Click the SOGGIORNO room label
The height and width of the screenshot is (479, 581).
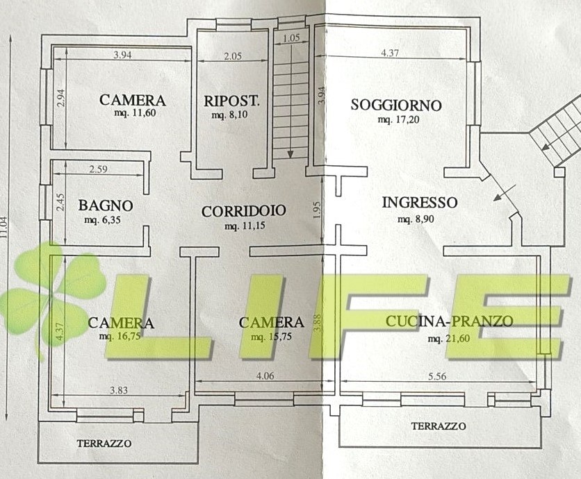pyautogui.click(x=396, y=105)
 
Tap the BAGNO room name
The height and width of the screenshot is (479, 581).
pyautogui.click(x=106, y=205)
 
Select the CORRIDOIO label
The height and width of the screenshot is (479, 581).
pyautogui.click(x=244, y=211)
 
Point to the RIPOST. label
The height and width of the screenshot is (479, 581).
pyautogui.click(x=231, y=101)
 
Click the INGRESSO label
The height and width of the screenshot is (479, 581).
pyautogui.click(x=420, y=203)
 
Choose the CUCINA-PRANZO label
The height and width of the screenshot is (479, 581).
pyautogui.click(x=450, y=321)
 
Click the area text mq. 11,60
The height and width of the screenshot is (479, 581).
pyautogui.click(x=135, y=113)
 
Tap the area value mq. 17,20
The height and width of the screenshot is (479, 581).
pyautogui.click(x=399, y=119)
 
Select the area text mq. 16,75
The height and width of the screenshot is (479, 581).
pyautogui.click(x=120, y=337)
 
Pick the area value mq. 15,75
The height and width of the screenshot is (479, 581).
pyautogui.click(x=271, y=337)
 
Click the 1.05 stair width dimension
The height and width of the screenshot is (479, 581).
pyautogui.click(x=291, y=37)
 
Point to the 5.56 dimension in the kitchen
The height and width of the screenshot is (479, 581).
pyautogui.click(x=437, y=376)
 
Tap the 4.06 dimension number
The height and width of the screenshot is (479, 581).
pyautogui.click(x=265, y=376)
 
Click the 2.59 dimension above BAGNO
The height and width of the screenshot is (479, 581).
pyautogui.click(x=98, y=169)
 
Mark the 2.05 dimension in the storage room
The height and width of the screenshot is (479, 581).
pyautogui.click(x=233, y=56)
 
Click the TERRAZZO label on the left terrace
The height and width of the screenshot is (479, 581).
pyautogui.click(x=104, y=443)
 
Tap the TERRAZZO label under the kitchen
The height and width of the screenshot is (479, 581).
pyautogui.click(x=439, y=426)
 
